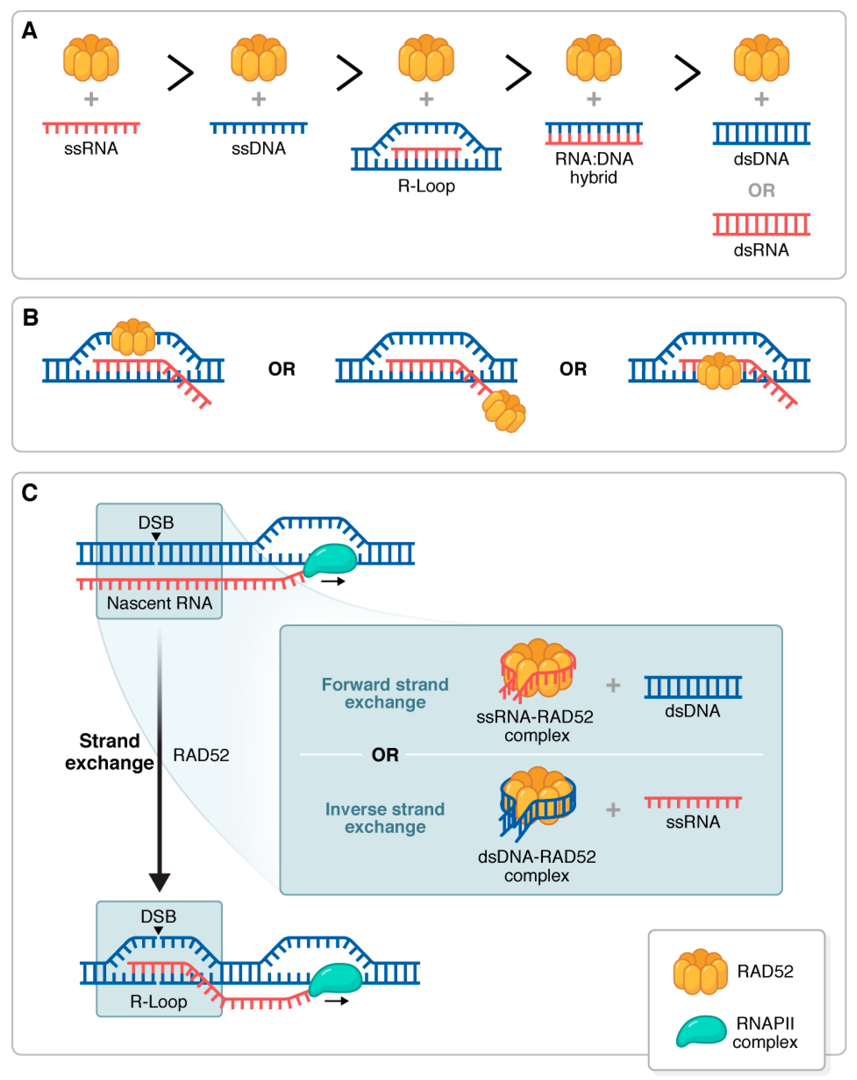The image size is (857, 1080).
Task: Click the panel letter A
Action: pos(29,31)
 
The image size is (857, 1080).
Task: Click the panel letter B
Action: pos(31,317)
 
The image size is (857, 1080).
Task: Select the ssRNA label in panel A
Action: pos(91,148)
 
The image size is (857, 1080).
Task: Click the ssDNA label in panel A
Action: pos(258,148)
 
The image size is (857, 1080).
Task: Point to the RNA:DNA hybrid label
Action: pos(594,168)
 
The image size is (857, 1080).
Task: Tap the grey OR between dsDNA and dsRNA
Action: pos(761,190)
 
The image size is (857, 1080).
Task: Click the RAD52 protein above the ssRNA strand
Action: pos(91,58)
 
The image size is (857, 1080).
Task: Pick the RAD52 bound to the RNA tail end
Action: pos(504,411)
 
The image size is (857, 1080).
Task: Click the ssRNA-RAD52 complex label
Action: pos(535,726)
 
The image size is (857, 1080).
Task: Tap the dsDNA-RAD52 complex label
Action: pos(537,866)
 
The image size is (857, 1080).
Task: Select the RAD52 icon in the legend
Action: pos(701,971)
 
